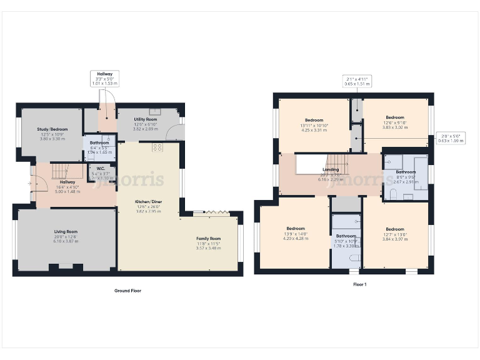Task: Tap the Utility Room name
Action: (144, 119)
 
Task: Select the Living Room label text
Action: (65, 231)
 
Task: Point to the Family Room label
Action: (208, 239)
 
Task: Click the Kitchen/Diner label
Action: (148, 202)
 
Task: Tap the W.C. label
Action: (99, 168)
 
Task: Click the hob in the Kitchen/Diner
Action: (157, 147)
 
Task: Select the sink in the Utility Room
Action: (155, 112)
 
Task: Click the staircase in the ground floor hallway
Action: (58, 171)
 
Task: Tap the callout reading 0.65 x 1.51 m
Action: (356, 80)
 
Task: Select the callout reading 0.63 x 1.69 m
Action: (449, 138)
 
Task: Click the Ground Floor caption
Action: (127, 291)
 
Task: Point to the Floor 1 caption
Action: (359, 284)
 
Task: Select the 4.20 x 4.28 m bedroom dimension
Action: (295, 238)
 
